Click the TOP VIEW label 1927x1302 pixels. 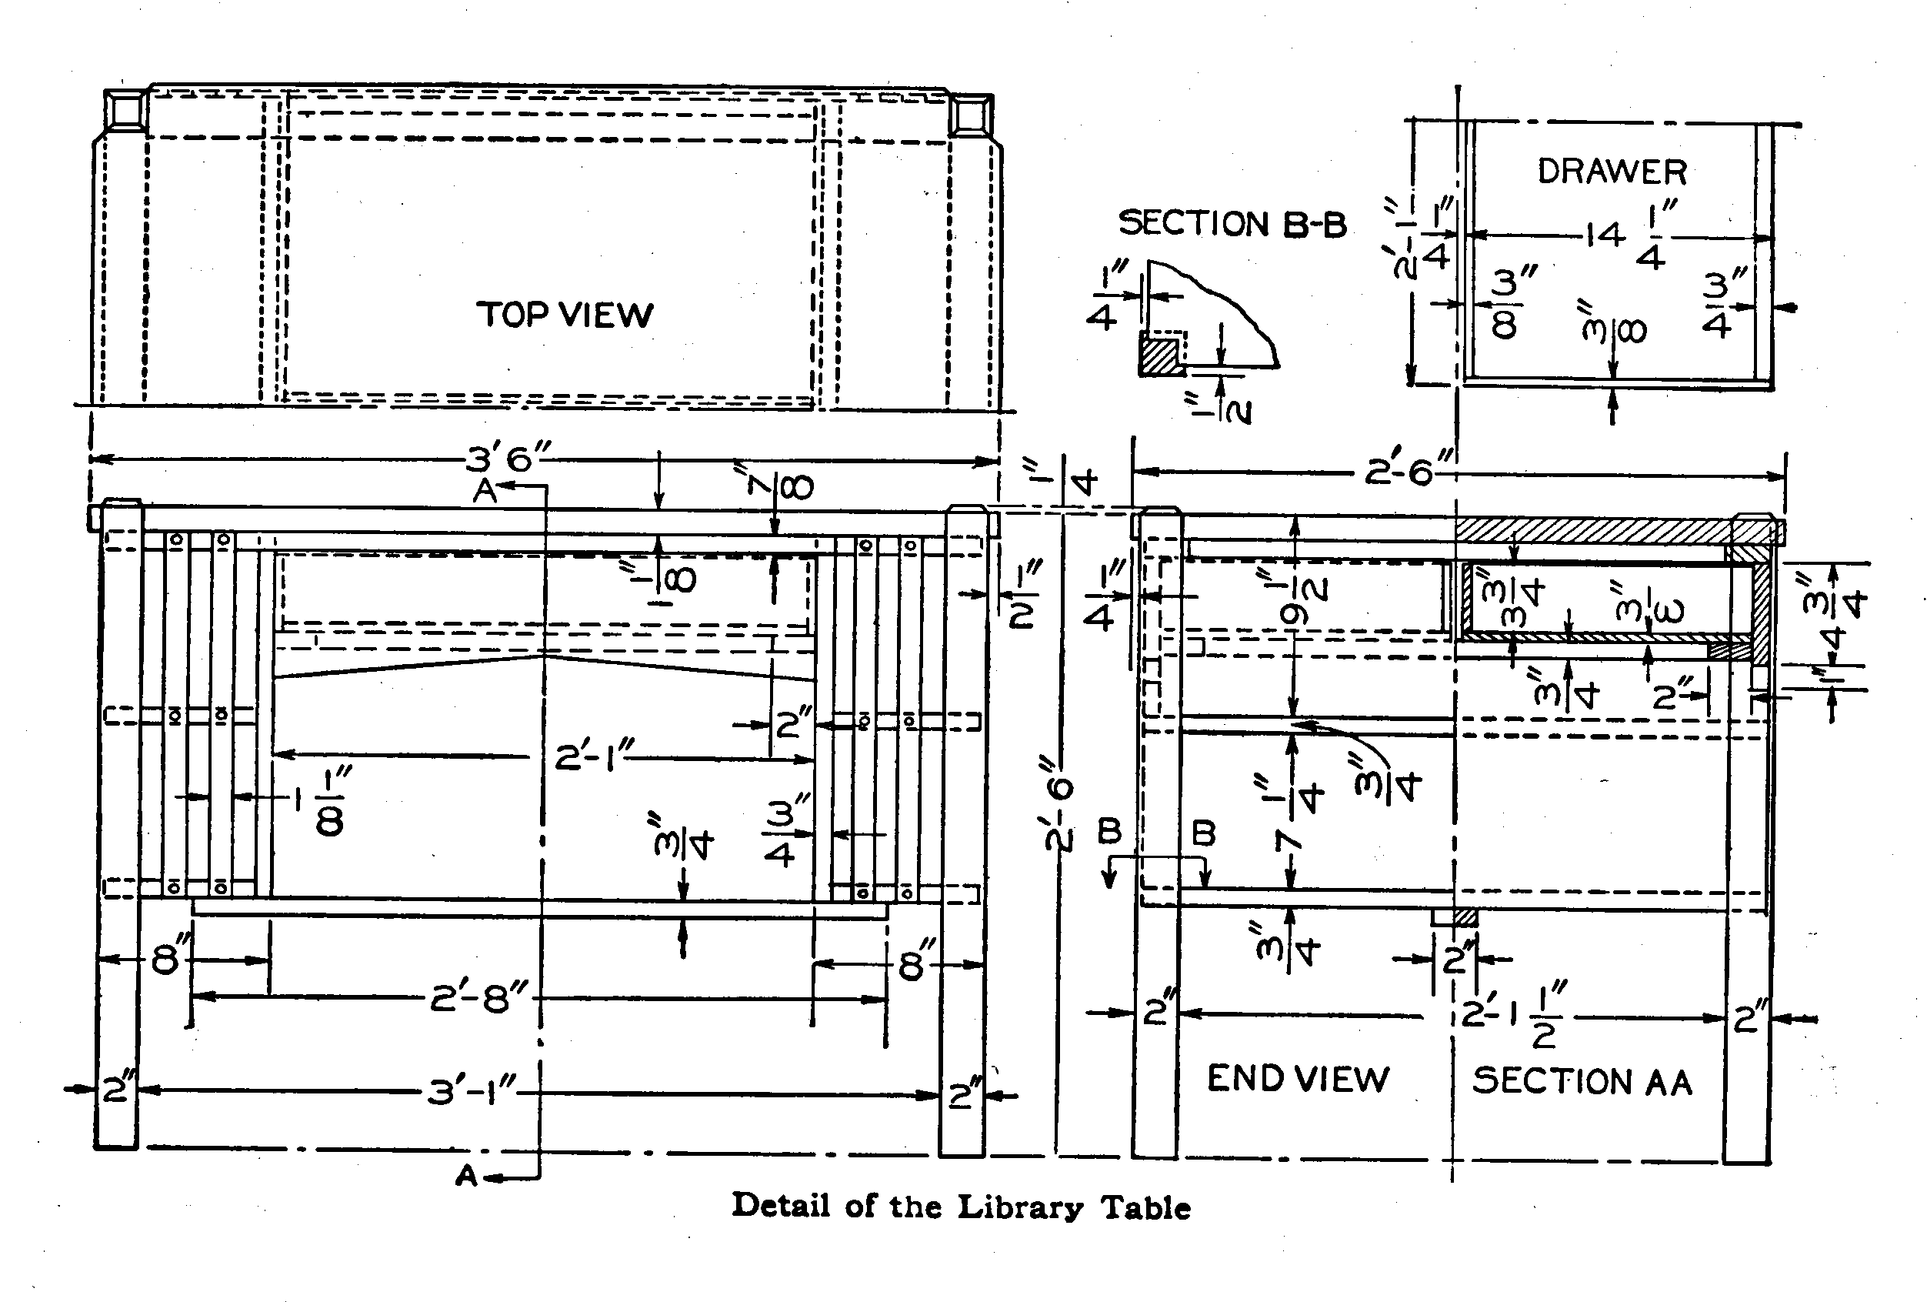[565, 315]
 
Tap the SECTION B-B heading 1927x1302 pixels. [1232, 224]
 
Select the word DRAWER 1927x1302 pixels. [1612, 172]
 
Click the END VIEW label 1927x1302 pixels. [1298, 1079]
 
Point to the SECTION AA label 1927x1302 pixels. [1582, 1081]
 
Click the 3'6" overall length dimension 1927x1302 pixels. [508, 458]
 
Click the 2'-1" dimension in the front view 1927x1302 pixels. [594, 757]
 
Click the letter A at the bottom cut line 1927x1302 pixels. [468, 1175]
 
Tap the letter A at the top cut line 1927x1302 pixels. [485, 491]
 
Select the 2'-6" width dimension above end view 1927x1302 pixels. [1409, 472]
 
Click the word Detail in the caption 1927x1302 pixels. [780, 1206]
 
